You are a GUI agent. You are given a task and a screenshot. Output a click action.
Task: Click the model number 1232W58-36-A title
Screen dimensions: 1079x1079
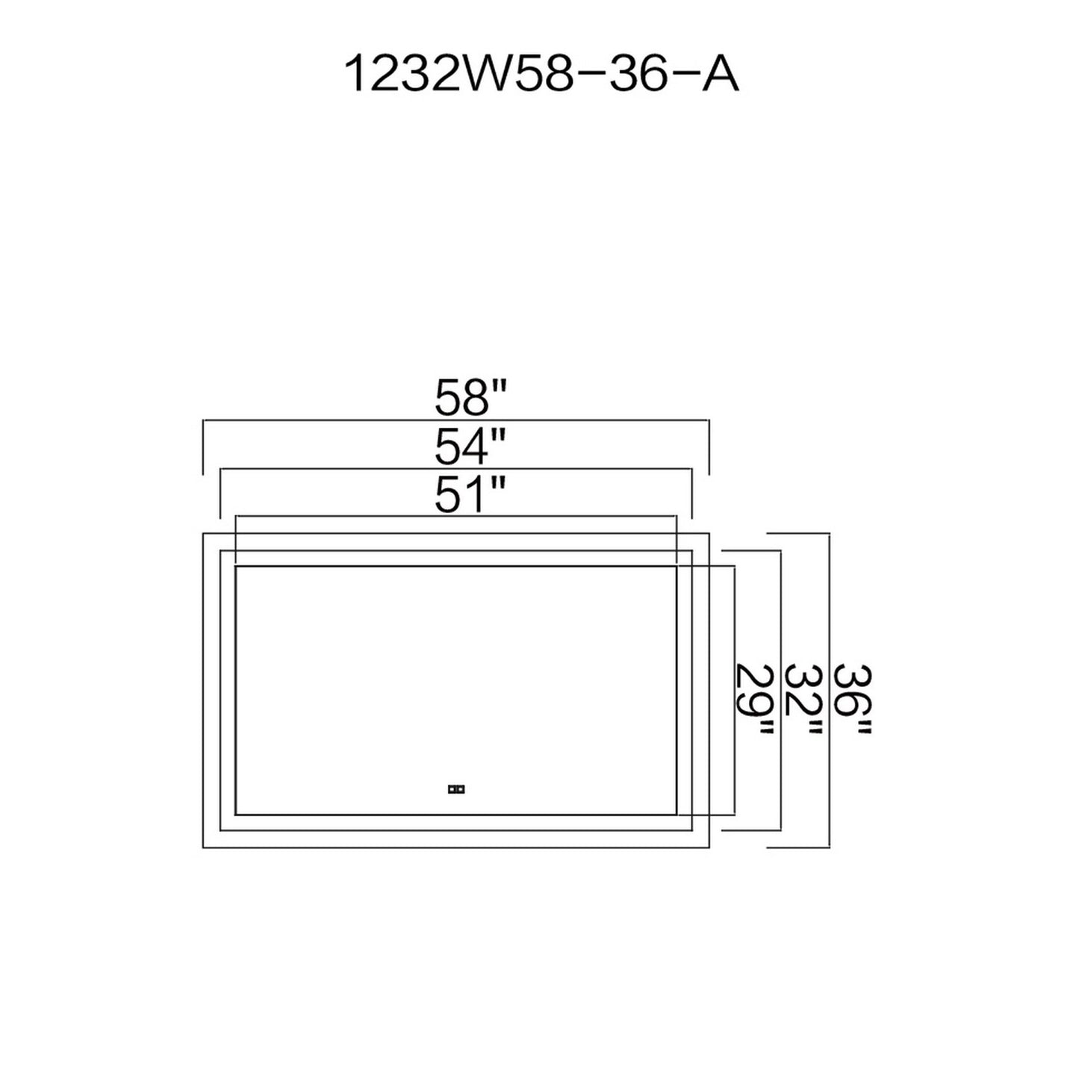click(541, 75)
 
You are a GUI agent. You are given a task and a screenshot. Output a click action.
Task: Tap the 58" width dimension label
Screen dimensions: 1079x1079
click(470, 398)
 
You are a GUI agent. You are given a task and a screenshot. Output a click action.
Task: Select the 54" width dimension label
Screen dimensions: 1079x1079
click(470, 447)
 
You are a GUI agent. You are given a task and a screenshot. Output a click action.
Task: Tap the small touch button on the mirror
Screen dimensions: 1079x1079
click(455, 788)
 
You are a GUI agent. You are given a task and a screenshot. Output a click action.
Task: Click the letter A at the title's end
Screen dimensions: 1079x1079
click(720, 75)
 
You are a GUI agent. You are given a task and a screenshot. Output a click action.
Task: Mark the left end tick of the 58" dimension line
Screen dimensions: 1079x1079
click(203, 447)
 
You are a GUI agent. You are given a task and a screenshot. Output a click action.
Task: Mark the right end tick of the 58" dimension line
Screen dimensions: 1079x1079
click(709, 447)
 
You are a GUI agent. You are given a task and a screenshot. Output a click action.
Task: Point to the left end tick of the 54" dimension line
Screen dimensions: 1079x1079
click(220, 494)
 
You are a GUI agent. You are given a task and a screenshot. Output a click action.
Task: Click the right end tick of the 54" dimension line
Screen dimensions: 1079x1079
click(692, 494)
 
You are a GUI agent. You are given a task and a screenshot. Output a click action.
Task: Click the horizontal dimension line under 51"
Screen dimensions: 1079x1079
click(455, 515)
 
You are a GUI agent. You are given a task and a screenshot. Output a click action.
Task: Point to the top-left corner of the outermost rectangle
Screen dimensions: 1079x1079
click(203, 533)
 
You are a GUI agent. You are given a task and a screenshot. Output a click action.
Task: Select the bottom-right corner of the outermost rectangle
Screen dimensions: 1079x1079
click(709, 848)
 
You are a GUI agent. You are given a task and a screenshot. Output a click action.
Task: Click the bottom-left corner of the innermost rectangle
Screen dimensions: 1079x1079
click(235, 815)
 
